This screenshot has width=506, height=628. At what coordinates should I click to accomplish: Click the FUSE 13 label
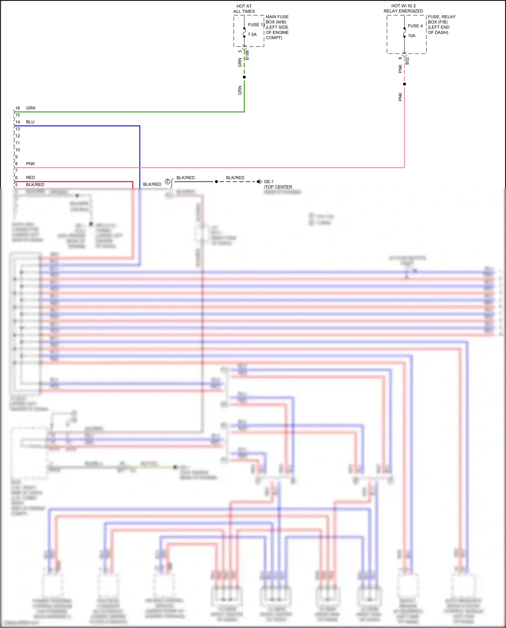coord(256,25)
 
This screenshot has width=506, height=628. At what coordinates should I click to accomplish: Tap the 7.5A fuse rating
coord(252,34)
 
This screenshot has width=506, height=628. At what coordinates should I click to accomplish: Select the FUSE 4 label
coord(415,26)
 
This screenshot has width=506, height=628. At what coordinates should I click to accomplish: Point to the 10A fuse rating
coord(412,35)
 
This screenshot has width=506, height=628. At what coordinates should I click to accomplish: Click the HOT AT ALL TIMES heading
coord(244,9)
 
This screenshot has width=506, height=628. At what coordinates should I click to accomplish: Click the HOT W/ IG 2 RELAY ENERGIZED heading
coord(403,8)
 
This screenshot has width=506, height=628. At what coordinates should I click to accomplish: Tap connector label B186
coord(247,55)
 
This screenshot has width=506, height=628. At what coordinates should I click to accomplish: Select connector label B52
coord(407,61)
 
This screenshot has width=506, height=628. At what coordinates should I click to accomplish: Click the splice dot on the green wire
coord(244,77)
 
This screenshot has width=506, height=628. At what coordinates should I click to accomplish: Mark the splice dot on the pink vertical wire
coord(404,84)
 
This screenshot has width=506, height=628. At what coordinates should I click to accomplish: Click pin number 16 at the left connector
coord(18,108)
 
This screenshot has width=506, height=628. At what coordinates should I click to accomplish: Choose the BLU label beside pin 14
coord(30,122)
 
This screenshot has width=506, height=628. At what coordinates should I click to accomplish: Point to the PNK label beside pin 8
coord(30,164)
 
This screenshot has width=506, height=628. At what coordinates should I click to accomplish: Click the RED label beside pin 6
coord(30,178)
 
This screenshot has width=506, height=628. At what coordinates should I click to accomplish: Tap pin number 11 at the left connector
coord(18,143)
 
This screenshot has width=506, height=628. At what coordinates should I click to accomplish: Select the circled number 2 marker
coord(167,182)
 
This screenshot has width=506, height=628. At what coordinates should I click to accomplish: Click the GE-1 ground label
coord(269,182)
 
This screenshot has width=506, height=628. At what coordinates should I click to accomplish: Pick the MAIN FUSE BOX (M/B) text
coord(277,19)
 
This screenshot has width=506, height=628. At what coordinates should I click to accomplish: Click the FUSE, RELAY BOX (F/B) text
coord(441,19)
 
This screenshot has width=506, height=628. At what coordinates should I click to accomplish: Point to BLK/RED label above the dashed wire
coord(235,178)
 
